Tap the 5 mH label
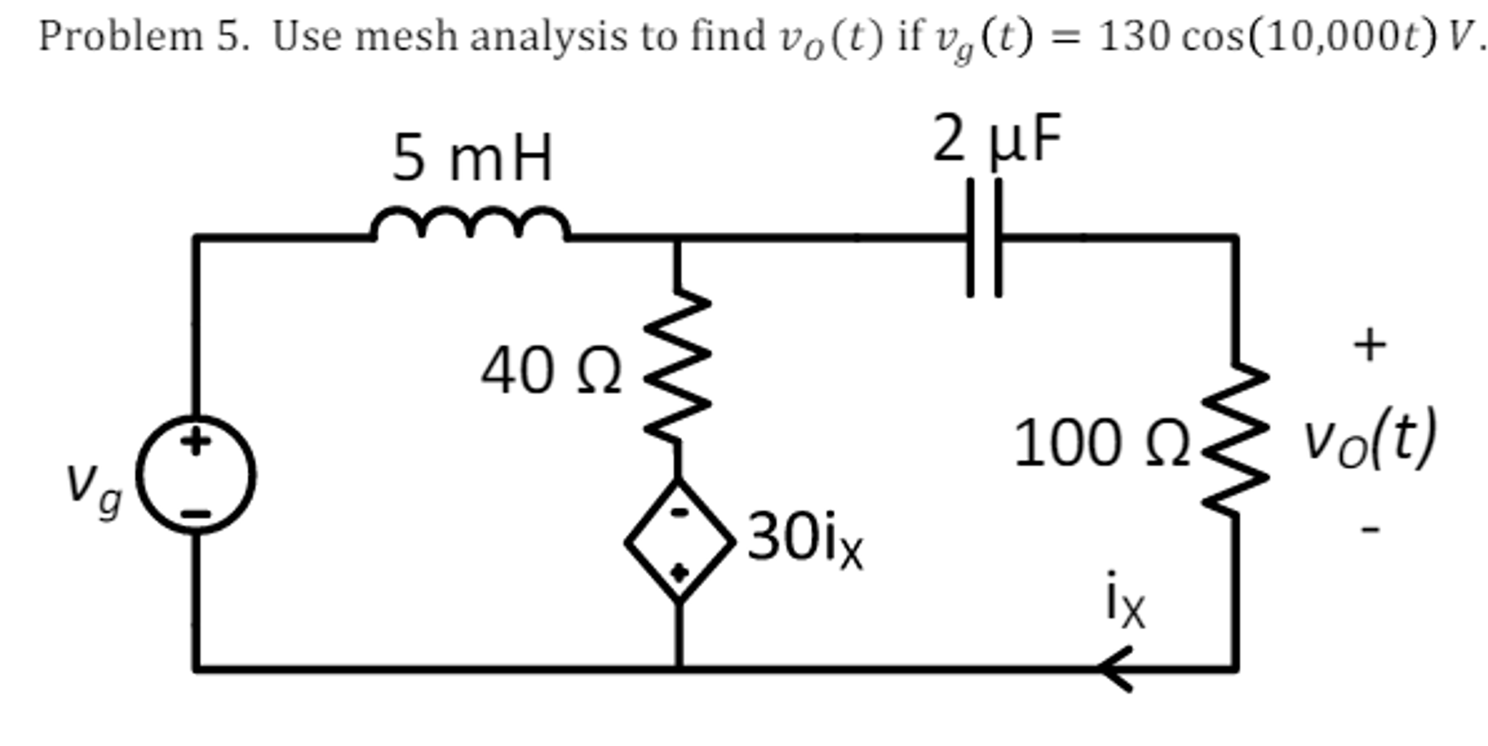[472, 158]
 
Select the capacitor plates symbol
[984, 238]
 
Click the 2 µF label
[997, 138]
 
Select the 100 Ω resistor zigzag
[1236, 439]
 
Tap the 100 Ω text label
[1100, 443]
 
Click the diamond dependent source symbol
[679, 541]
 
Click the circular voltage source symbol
[196, 475]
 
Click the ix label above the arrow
[1124, 601]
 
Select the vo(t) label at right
[1369, 439]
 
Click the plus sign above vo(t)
[1369, 344]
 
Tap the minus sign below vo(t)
[1370, 529]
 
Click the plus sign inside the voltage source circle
[195, 441]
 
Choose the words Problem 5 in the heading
[143, 36]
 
